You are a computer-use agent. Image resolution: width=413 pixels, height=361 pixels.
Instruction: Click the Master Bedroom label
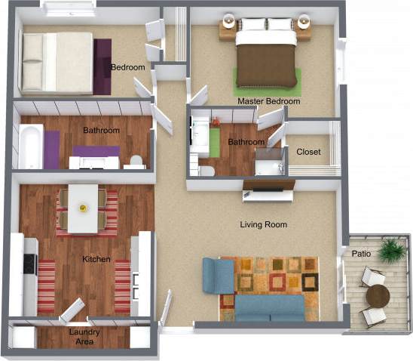pos(268,101)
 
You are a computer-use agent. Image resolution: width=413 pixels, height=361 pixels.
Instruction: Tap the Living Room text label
pos(263,225)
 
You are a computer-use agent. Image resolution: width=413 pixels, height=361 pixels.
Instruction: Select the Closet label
pos(307,152)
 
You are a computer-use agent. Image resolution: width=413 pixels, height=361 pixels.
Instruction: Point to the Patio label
pos(361,255)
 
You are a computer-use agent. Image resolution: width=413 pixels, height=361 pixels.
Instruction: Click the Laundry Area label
pos(84,337)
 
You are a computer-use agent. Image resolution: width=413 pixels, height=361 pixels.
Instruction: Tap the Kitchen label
pos(96,260)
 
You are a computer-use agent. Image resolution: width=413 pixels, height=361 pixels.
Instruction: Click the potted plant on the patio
pos(392,250)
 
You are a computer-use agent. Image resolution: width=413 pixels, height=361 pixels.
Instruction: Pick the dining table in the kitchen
pos(82,208)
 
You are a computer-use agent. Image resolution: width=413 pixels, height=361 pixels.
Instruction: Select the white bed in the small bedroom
pos(57,61)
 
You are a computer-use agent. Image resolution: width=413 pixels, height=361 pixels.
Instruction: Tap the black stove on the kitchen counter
pos(29,264)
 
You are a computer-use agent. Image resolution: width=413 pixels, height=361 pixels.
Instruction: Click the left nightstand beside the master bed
pos(228,29)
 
